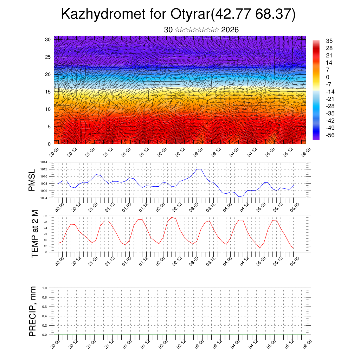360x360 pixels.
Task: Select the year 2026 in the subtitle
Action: click(230, 30)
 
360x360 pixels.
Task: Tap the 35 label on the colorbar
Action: click(329, 41)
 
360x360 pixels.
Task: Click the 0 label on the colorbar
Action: click(328, 77)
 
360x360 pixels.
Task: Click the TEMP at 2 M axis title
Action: click(35, 233)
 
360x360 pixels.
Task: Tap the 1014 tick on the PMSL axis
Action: click(43, 162)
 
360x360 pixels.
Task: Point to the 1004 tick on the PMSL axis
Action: click(43, 198)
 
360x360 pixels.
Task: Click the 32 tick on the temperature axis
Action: click(45, 216)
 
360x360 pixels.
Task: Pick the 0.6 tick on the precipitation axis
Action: click(44, 307)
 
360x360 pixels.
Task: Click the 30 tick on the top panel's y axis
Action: click(48, 39)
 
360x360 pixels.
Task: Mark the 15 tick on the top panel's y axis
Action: click(48, 92)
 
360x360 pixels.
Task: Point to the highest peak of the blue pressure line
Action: click(199, 169)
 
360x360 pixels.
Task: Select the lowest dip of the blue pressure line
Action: click(239, 197)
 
